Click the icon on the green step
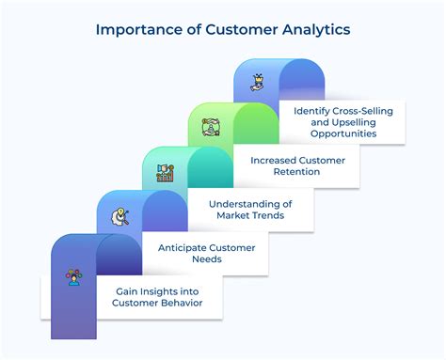point(211,126)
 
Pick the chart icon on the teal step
point(165,171)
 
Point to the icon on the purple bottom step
point(73,276)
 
